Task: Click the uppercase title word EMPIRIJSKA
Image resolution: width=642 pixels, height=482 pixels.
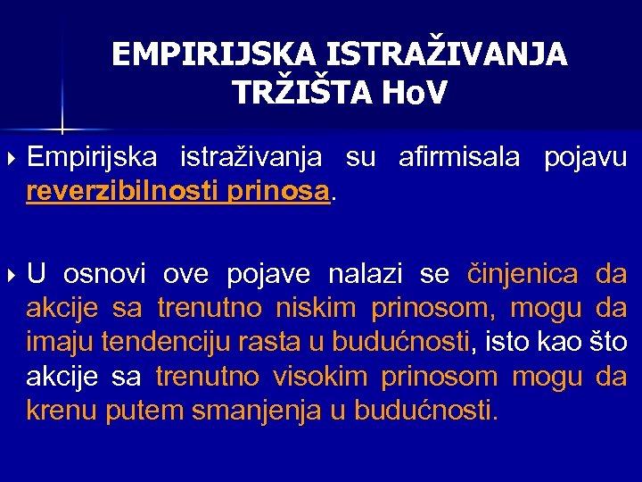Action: [x=212, y=55]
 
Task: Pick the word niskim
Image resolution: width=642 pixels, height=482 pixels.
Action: [x=315, y=308]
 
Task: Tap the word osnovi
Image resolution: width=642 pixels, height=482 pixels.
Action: [x=106, y=274]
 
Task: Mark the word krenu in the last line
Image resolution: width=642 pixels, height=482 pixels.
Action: [x=62, y=411]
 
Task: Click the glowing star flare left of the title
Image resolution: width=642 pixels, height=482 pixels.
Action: [x=62, y=123]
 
